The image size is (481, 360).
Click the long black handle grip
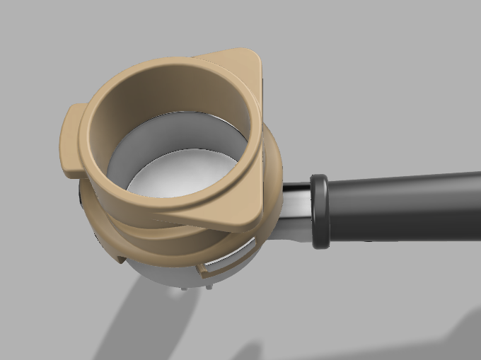pos(403,207)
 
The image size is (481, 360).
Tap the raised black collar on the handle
pos(319,211)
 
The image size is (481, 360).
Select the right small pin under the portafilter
pos(208,286)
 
